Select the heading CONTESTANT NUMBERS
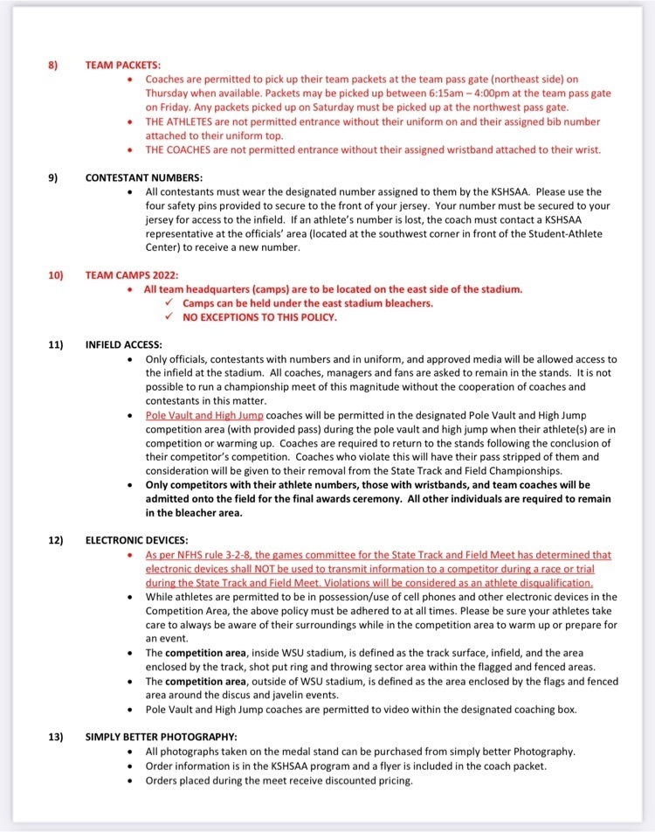tap(143, 177)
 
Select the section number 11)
tap(55, 344)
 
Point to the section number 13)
tap(55, 737)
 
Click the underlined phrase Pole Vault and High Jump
tap(203, 415)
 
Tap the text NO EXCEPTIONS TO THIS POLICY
tap(259, 317)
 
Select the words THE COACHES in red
tap(179, 149)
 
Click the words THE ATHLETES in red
tap(181, 121)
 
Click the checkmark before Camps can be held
tap(169, 303)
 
